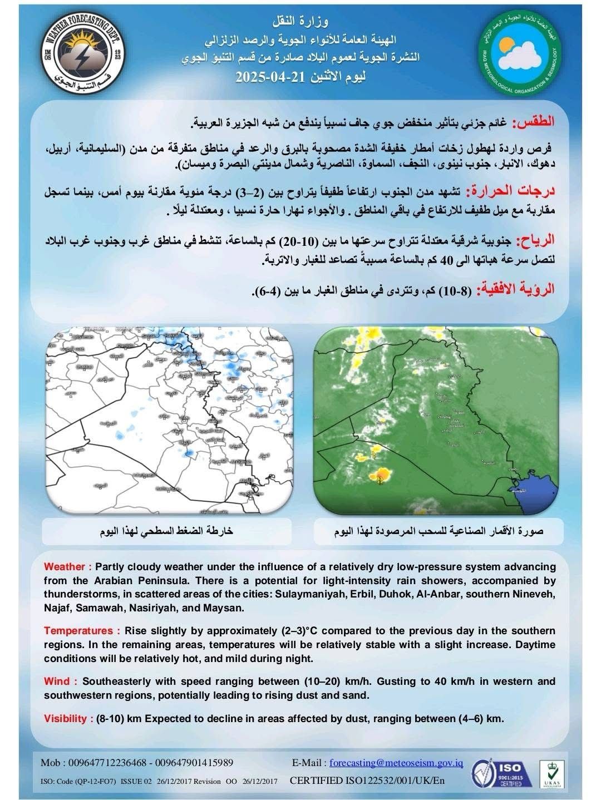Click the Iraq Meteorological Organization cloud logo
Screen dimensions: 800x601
(x=519, y=56)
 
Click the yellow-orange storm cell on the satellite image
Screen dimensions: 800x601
(x=382, y=475)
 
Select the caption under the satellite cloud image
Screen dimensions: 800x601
(x=439, y=531)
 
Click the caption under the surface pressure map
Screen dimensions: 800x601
(x=166, y=531)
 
